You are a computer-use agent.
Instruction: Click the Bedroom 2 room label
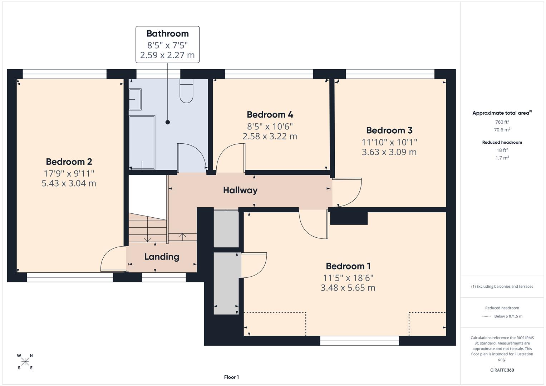69,162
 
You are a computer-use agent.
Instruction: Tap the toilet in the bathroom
186,92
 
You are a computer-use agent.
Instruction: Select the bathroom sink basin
135,99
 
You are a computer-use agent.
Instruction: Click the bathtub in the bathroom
142,142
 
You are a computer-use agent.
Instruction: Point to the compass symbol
25,362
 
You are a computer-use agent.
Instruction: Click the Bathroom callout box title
167,34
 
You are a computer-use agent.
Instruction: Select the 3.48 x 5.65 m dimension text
348,288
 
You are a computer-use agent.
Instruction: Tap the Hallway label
240,190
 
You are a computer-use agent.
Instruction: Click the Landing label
162,257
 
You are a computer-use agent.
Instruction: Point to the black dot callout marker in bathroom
167,122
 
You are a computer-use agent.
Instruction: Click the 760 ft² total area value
502,122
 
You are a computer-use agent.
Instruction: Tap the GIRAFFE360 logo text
502,370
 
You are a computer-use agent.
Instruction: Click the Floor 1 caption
231,377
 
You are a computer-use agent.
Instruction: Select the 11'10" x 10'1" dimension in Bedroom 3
389,142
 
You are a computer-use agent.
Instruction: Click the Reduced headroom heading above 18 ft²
502,142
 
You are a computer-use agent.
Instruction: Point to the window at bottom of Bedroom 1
359,341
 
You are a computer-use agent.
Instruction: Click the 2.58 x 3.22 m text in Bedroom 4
270,136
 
